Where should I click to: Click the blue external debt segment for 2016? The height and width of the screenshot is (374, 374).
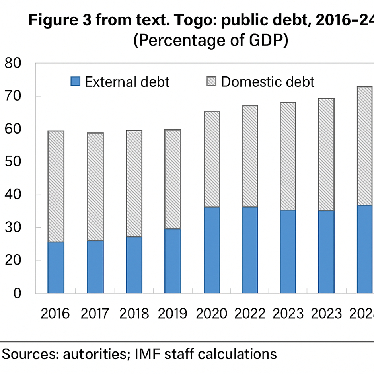(x=56, y=267)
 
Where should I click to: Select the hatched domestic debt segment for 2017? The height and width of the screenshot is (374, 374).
(x=95, y=187)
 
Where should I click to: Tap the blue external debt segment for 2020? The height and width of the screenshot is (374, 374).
(x=211, y=250)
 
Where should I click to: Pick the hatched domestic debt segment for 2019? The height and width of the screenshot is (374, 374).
(x=172, y=179)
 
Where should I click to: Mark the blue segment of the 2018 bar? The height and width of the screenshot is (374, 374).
(x=134, y=265)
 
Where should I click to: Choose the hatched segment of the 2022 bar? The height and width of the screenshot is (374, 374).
(x=250, y=156)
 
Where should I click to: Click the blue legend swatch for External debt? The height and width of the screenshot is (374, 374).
(x=75, y=82)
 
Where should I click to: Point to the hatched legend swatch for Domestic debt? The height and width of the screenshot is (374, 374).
(x=211, y=82)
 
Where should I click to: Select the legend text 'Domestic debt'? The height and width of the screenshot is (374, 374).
(x=268, y=82)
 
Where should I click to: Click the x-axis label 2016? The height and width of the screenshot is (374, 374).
(x=55, y=314)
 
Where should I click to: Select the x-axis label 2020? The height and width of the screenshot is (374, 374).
(x=211, y=314)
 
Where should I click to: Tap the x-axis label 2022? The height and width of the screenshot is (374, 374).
(x=250, y=314)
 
